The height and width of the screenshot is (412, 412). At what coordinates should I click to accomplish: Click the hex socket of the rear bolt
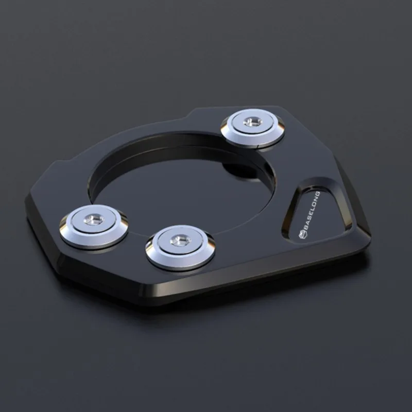[x=252, y=122]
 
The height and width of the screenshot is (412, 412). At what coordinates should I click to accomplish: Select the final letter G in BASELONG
[x=318, y=194]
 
